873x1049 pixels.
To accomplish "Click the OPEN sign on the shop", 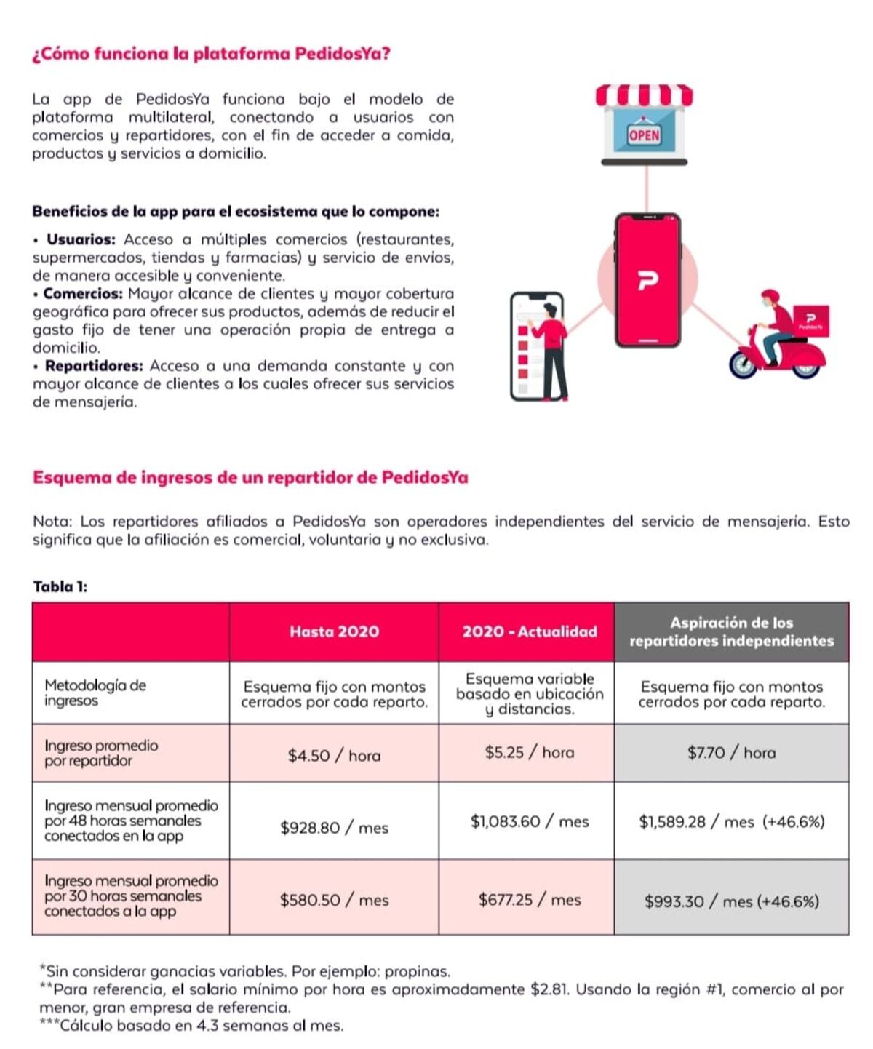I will (x=644, y=135).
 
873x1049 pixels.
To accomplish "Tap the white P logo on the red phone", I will (x=647, y=280).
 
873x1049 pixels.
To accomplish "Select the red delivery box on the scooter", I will (x=808, y=321).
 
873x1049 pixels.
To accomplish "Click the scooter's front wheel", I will (x=744, y=363).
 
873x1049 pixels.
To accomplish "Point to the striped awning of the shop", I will (x=644, y=95).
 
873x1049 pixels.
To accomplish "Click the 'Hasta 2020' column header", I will (x=334, y=631).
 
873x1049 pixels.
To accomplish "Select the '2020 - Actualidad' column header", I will (x=529, y=631).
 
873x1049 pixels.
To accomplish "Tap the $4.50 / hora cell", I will (x=334, y=756).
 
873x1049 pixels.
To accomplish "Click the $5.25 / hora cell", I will (x=529, y=753).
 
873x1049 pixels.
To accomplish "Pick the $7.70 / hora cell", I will (x=731, y=753).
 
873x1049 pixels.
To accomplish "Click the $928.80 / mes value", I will (x=334, y=828).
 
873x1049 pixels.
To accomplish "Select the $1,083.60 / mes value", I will (x=529, y=822).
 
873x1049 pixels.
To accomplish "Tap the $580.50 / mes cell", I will (x=334, y=900).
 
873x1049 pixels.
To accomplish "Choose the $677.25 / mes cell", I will (x=529, y=900).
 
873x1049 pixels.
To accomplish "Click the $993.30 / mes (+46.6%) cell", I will (x=731, y=902).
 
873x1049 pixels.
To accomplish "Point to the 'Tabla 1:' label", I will (x=60, y=587).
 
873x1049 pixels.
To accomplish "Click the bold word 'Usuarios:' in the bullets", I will (x=81, y=239).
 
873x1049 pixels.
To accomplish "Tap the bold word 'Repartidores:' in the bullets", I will (x=94, y=366).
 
